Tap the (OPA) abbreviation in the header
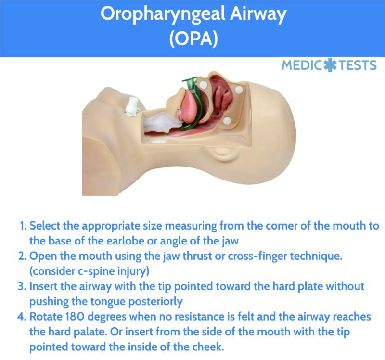pyautogui.click(x=192, y=39)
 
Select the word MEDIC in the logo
pyautogui.click(x=302, y=65)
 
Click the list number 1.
pyautogui.click(x=23, y=226)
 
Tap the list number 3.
pyautogui.click(x=23, y=286)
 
